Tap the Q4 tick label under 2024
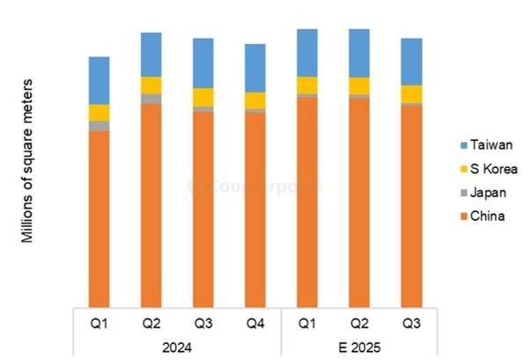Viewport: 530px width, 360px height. click(x=255, y=322)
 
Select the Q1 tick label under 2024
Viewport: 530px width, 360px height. click(x=99, y=322)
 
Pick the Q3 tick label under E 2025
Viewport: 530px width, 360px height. click(x=411, y=322)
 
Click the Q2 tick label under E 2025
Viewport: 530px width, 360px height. click(x=359, y=322)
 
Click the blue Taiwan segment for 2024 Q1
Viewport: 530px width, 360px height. click(x=99, y=80)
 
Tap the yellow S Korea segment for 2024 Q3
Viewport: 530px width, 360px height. click(x=203, y=97)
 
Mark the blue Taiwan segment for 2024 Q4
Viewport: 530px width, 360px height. click(x=255, y=68)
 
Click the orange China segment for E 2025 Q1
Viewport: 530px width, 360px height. click(x=307, y=202)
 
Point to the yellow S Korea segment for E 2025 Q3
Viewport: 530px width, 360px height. click(x=411, y=93)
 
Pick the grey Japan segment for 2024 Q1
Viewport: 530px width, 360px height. click(x=99, y=126)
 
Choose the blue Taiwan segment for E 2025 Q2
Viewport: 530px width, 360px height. click(x=359, y=53)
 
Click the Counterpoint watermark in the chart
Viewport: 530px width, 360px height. click(x=255, y=186)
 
